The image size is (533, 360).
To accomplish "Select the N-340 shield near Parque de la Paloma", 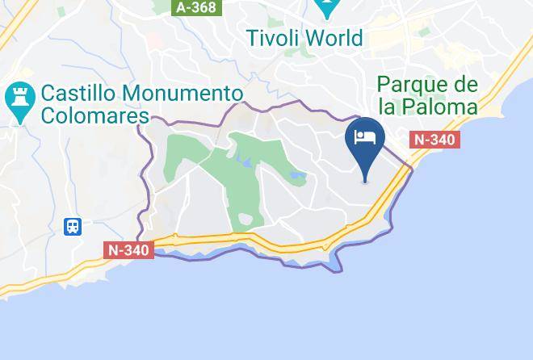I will pyautogui.click(x=434, y=140).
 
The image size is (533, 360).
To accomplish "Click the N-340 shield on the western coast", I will pyautogui.click(x=129, y=249).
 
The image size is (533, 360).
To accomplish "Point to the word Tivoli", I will pyautogui.click(x=278, y=38).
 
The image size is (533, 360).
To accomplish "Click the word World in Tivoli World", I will pyautogui.click(x=334, y=38).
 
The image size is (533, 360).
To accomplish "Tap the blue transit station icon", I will pyautogui.click(x=73, y=226).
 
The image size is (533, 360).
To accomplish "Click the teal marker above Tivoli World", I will pyautogui.click(x=328, y=8).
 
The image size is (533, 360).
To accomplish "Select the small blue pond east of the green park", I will pyautogui.click(x=297, y=174).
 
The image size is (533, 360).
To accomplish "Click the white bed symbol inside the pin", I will pyautogui.click(x=365, y=135).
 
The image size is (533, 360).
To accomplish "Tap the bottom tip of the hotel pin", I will pyautogui.click(x=365, y=182).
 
